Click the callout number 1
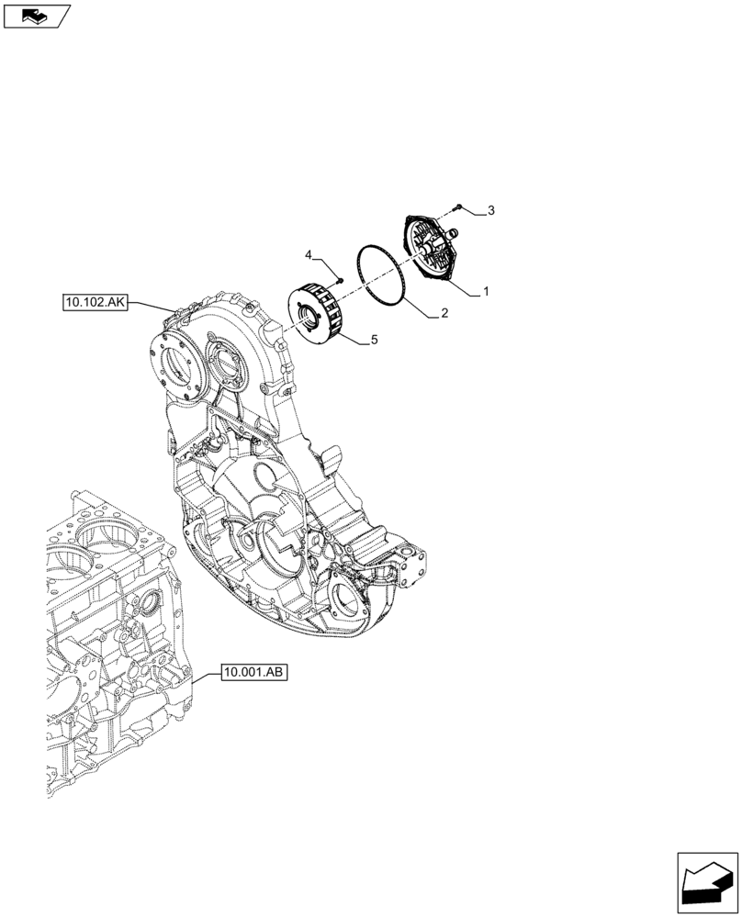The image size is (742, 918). click(x=486, y=292)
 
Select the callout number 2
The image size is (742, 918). click(x=444, y=314)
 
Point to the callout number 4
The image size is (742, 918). click(x=309, y=253)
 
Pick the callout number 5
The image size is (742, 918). click(x=374, y=341)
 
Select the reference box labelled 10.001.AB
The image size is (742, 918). click(x=254, y=673)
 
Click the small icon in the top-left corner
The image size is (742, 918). click(x=37, y=15)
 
